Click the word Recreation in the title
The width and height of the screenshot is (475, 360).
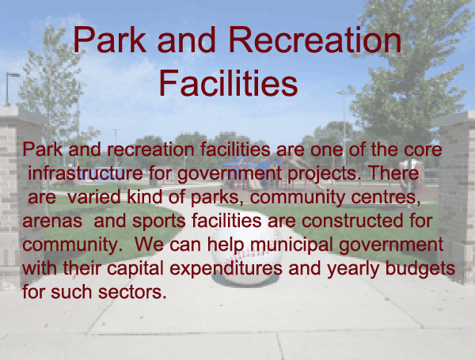tap(315, 40)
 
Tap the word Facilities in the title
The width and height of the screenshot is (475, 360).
tap(229, 83)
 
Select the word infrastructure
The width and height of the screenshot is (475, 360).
tap(85, 173)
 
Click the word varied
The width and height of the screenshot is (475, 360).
tap(94, 197)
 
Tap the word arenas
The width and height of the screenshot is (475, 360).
tap(52, 221)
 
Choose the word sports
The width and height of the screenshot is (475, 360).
tap(159, 222)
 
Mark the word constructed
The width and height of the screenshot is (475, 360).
tap(352, 221)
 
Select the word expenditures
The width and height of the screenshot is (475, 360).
tap(226, 269)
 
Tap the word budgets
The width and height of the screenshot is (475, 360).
tap(420, 269)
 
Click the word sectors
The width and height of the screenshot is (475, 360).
tap(132, 293)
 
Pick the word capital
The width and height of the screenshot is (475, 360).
tap(135, 269)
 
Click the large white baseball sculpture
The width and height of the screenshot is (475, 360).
tap(246, 255)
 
